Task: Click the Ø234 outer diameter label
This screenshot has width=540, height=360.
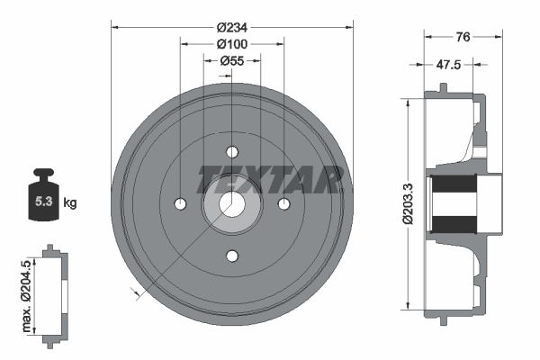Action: [x=232, y=27]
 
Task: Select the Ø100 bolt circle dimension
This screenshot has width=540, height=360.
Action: [x=232, y=44]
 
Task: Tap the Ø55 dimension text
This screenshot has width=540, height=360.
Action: [x=232, y=61]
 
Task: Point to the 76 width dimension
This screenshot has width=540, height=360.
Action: [x=463, y=37]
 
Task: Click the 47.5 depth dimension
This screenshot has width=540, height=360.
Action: [x=448, y=65]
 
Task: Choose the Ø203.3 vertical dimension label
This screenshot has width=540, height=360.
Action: [x=408, y=204]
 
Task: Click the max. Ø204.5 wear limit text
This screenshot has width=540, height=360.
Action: [x=26, y=296]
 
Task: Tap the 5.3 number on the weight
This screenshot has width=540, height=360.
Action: [x=44, y=202]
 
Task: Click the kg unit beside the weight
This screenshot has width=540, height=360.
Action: [x=70, y=202]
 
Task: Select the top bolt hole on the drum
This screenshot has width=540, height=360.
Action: [x=232, y=151]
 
